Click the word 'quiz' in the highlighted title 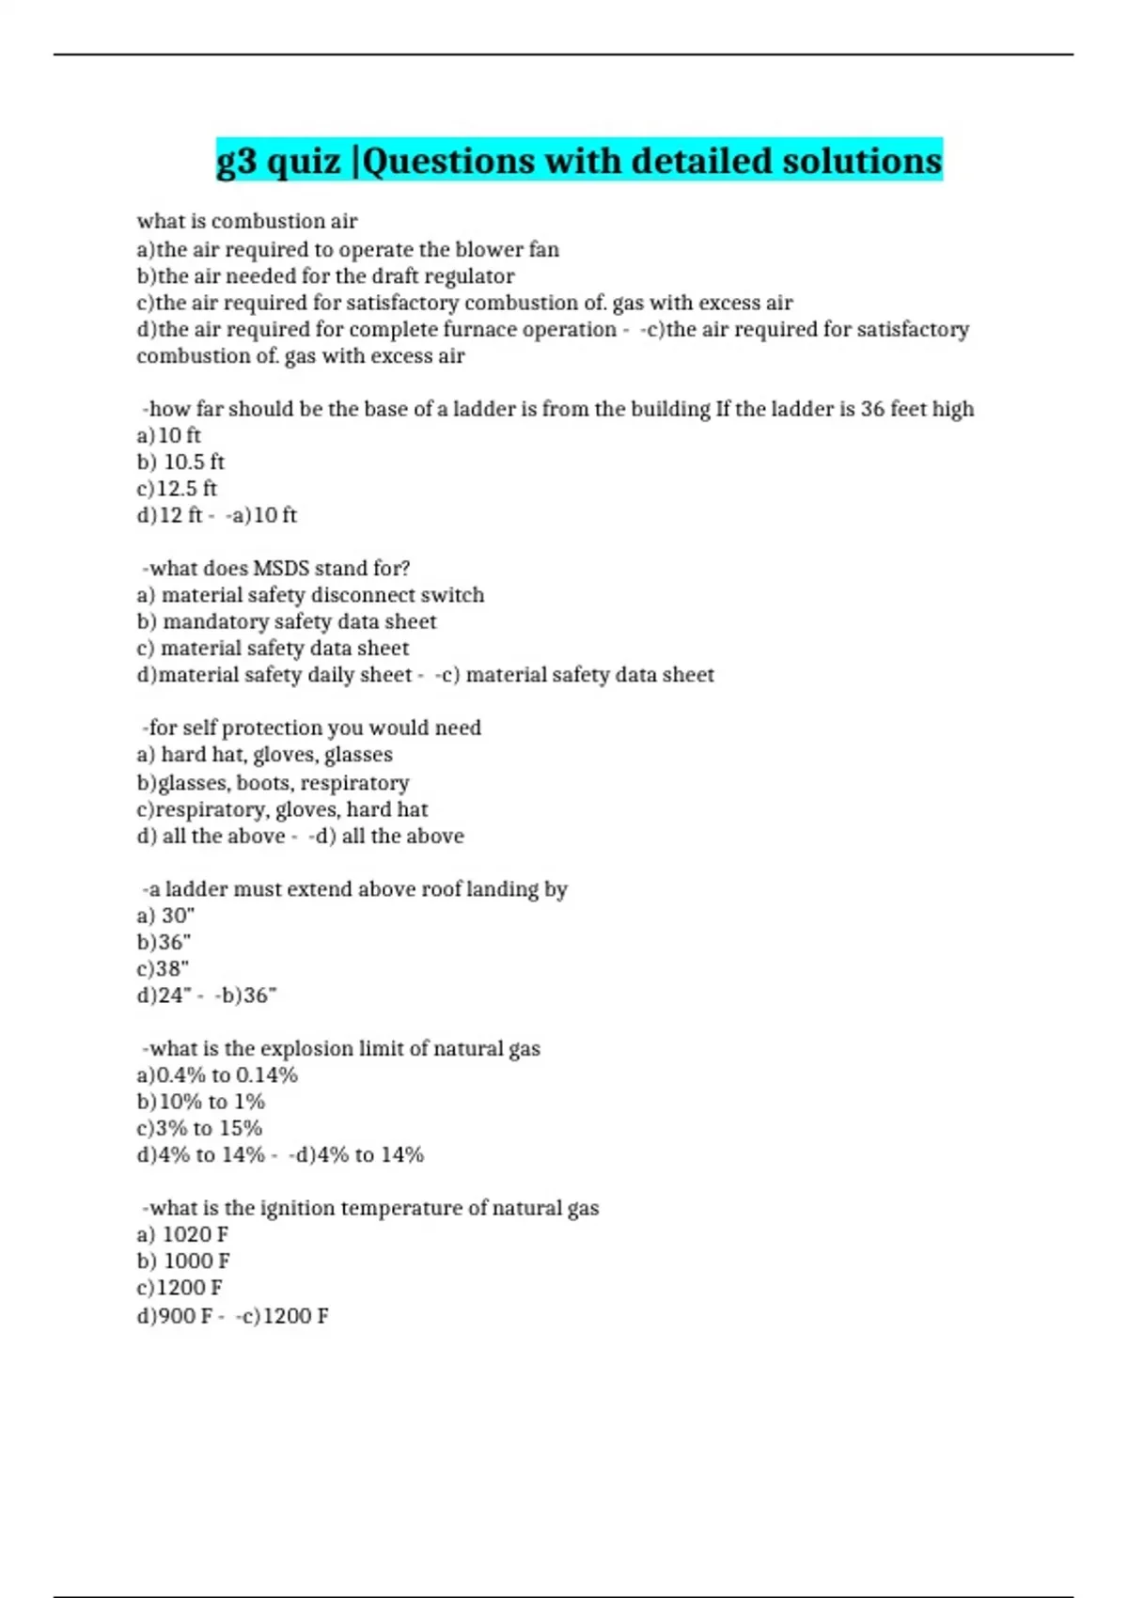point(304,162)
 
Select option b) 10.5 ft point(180,462)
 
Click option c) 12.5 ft point(177,489)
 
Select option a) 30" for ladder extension point(165,916)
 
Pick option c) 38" point(163,968)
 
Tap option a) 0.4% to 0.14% point(217,1075)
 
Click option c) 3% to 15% point(199,1128)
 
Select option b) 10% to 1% point(201,1102)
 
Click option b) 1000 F point(183,1261)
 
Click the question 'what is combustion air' point(247,222)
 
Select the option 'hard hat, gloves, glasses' point(264,755)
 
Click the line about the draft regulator point(325,276)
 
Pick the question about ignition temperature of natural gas point(371,1209)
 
